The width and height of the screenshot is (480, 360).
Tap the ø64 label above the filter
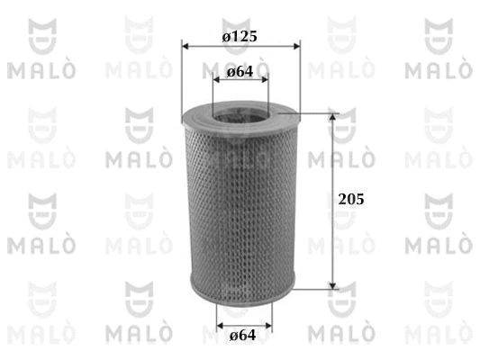240,71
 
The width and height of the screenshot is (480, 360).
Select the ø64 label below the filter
241,336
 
